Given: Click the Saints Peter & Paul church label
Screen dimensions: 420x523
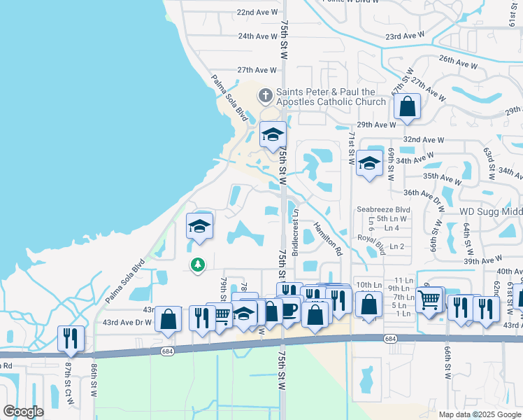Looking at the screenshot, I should (x=331, y=97).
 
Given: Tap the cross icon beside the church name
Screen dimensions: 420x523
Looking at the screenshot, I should (x=265, y=94).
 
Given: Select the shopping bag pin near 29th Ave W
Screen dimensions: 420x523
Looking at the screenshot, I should (x=407, y=108).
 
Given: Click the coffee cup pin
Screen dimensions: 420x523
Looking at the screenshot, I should (x=289, y=309).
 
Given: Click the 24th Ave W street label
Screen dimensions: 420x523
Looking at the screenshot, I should (x=257, y=36).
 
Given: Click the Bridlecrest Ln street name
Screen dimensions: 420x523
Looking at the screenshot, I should (x=296, y=232).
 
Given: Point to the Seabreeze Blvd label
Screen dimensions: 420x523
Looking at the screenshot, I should (x=382, y=209).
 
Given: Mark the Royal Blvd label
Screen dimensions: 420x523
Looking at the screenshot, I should (x=371, y=244).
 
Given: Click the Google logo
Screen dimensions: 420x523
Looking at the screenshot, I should (x=24, y=412).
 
